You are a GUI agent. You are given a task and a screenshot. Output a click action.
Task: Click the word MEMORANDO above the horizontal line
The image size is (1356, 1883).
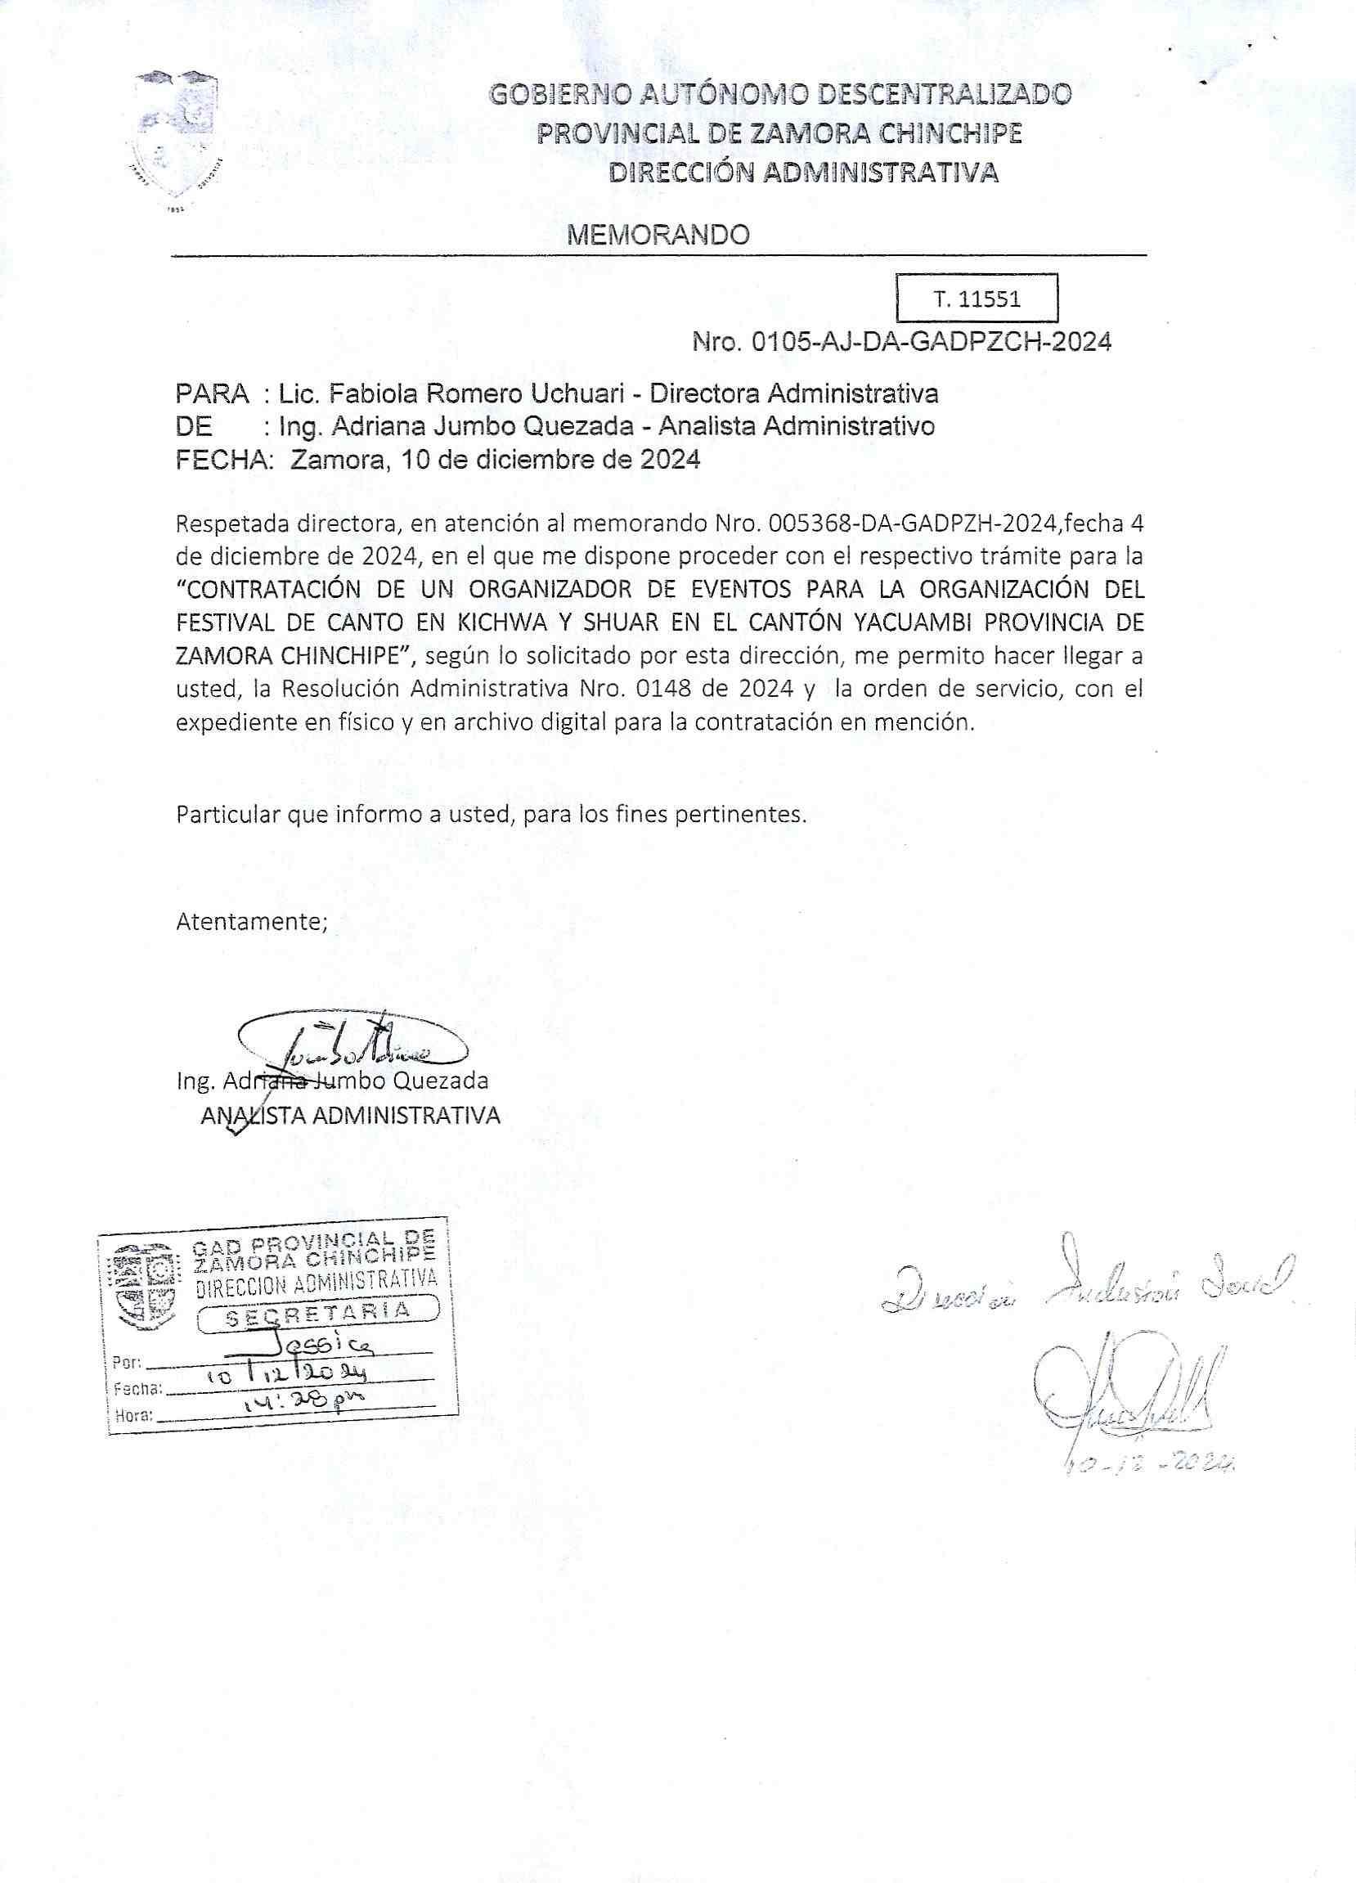pyautogui.click(x=658, y=236)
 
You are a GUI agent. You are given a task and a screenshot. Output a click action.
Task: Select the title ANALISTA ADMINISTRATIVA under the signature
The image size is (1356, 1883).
pyautogui.click(x=350, y=1116)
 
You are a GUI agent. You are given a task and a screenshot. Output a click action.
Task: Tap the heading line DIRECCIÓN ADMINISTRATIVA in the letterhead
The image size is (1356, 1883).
pyautogui.click(x=803, y=173)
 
